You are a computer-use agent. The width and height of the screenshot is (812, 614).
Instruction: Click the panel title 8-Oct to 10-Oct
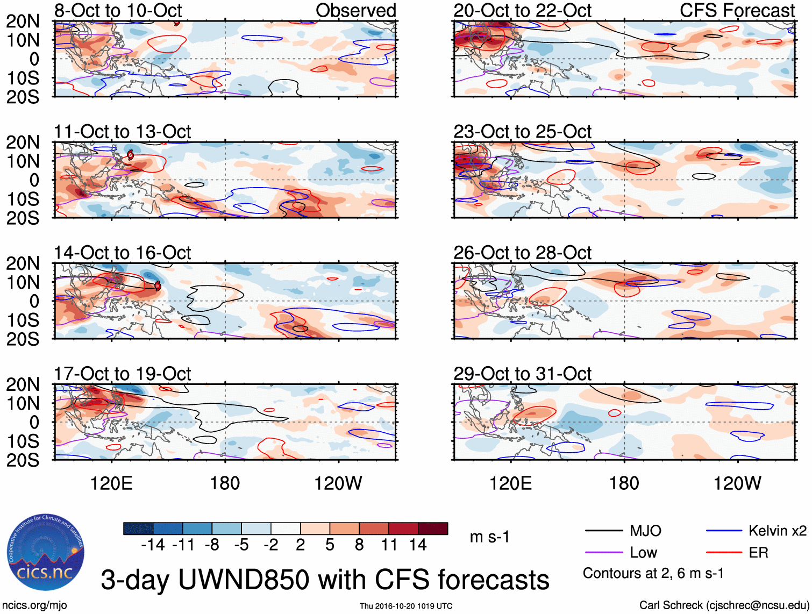pos(118,11)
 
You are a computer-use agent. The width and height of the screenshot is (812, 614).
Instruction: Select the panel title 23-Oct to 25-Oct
pos(522,132)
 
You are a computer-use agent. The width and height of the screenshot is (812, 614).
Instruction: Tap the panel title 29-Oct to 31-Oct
pos(522,374)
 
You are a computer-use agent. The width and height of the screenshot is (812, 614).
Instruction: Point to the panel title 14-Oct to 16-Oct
pos(122,253)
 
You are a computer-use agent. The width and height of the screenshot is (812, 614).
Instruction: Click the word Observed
pos(355,11)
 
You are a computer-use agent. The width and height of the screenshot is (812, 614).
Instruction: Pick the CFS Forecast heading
pos(737,11)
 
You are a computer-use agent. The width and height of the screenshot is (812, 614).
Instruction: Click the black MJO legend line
pos(603,531)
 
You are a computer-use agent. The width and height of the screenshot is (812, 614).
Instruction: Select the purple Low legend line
pos(603,553)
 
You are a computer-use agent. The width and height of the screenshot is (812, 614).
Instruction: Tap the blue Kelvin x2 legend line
pos(724,531)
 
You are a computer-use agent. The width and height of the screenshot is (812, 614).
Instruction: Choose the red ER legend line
pos(724,553)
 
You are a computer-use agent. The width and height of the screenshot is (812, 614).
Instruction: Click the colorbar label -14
pos(153,545)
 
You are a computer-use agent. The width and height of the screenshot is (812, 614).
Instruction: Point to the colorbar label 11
pos(389,545)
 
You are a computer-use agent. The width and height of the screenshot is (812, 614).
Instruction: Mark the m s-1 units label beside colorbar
pos(489,537)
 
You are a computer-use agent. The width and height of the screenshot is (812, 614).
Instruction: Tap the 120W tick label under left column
pos(338,483)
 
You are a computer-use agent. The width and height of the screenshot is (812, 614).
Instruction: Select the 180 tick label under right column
pos(624,483)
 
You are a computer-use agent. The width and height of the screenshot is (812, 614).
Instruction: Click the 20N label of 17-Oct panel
pos(23,384)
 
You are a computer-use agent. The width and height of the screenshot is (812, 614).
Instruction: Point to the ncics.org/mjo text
pos(34,605)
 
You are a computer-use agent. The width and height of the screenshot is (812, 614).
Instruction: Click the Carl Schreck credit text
pos(724,605)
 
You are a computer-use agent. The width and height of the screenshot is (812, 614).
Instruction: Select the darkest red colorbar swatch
pos(433,529)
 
